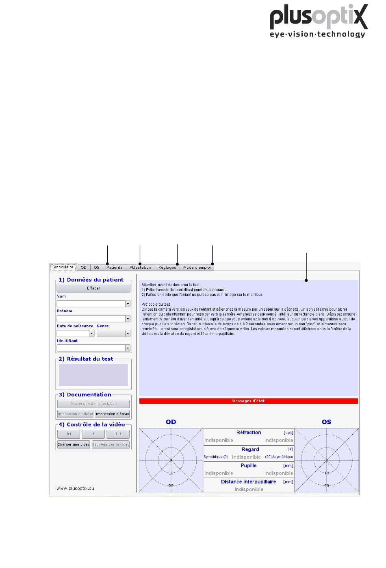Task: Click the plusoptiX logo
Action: [x=319, y=21]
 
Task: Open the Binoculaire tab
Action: [x=63, y=267]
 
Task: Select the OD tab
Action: [x=83, y=268]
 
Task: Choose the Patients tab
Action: [x=114, y=268]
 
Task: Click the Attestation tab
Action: [x=140, y=268]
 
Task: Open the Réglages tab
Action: [x=167, y=268]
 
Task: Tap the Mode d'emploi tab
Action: [x=197, y=268]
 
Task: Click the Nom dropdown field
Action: [x=93, y=304]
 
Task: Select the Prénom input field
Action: [x=93, y=319]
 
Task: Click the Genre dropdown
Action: [x=113, y=333]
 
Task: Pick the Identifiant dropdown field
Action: [x=93, y=348]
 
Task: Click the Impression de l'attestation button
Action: [x=93, y=404]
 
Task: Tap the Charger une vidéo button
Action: [x=74, y=444]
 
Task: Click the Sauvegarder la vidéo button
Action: [x=111, y=444]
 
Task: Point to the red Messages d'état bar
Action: [x=248, y=401]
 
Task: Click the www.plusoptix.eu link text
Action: [x=75, y=488]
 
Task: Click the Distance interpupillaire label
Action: [x=248, y=482]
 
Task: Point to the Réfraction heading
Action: [x=249, y=433]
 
